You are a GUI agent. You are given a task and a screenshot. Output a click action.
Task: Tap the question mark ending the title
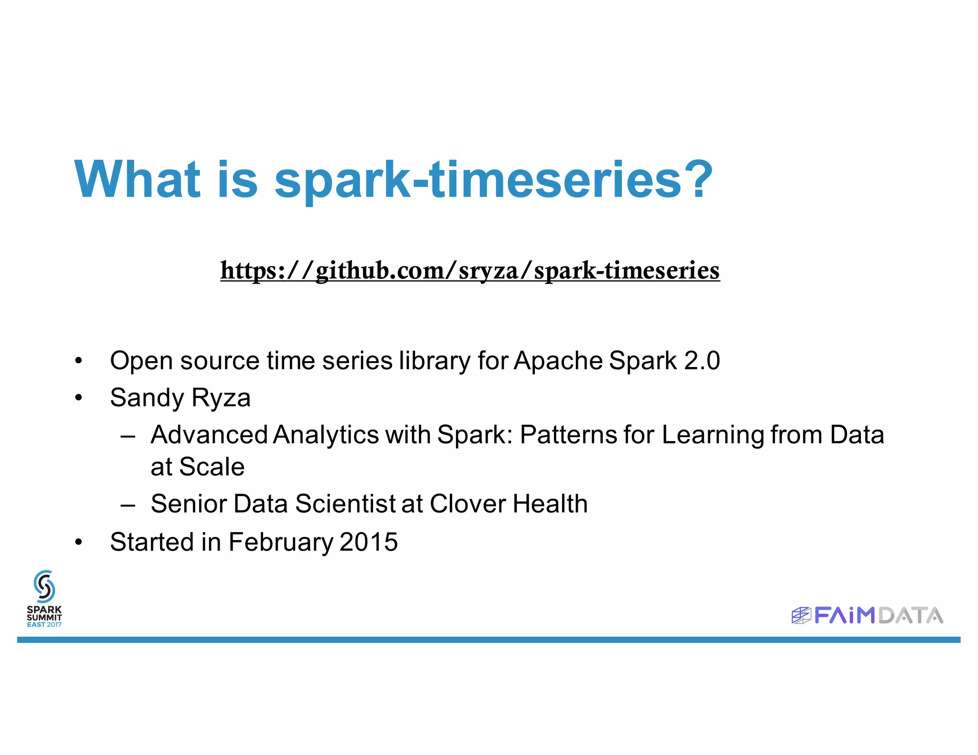[697, 179]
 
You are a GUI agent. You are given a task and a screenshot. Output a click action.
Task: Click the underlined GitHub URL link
[470, 271]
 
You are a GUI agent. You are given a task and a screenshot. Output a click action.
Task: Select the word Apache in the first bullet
[558, 361]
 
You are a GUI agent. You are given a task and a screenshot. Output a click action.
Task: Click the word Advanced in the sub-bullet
[209, 435]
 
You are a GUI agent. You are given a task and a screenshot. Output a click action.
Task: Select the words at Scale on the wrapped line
[197, 467]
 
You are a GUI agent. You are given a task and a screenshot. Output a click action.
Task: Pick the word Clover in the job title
[467, 504]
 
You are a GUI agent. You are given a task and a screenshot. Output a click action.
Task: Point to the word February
[280, 542]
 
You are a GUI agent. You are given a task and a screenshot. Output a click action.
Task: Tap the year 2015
[369, 542]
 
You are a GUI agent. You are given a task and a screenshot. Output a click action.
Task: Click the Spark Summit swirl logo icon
[44, 586]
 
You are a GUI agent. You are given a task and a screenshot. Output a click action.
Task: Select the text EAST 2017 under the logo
[44, 624]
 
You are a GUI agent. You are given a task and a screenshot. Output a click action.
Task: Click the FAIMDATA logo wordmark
[878, 616]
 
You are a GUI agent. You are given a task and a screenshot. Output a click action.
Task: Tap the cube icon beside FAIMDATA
[801, 616]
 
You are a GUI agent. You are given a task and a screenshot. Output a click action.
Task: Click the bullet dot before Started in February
[79, 542]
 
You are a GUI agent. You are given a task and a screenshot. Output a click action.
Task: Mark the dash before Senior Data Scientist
[128, 504]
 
